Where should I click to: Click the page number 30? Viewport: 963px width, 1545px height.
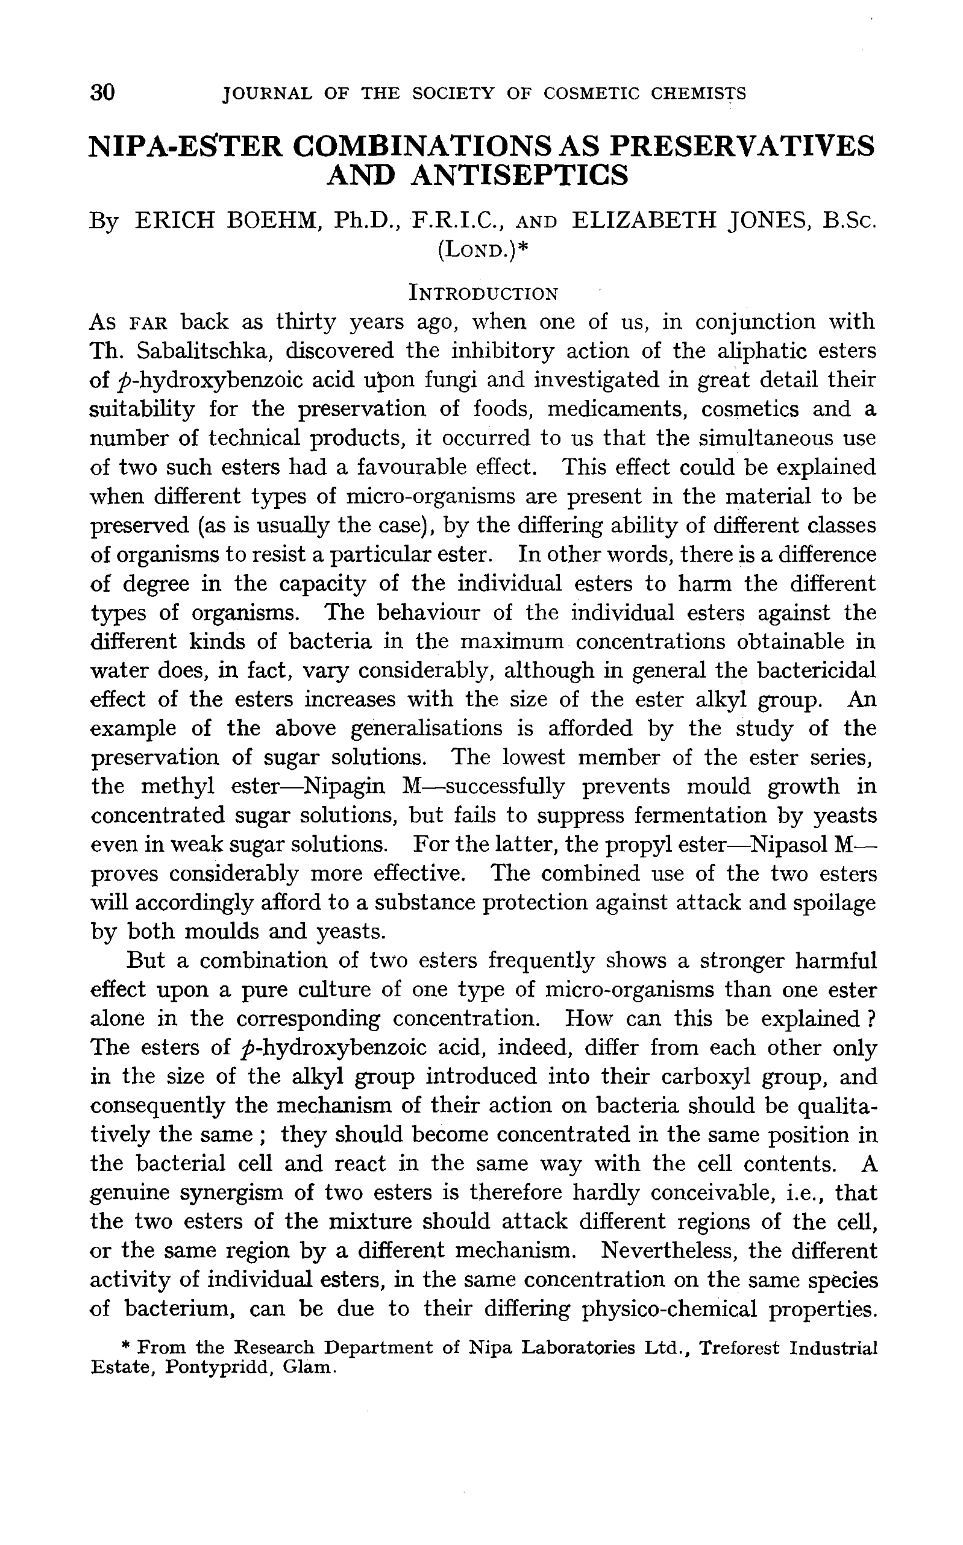point(102,93)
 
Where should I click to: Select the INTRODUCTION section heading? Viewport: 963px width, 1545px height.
point(483,293)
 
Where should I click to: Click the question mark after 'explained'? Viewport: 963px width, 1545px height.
point(871,1019)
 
